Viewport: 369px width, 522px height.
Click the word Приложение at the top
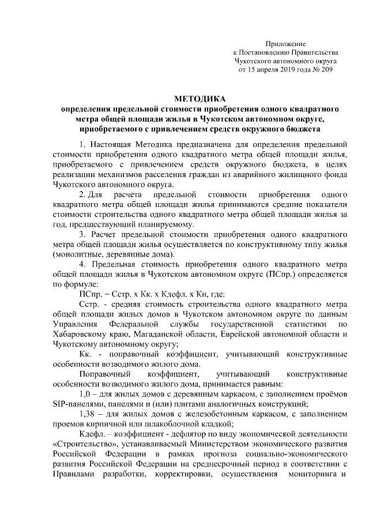tap(285, 44)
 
